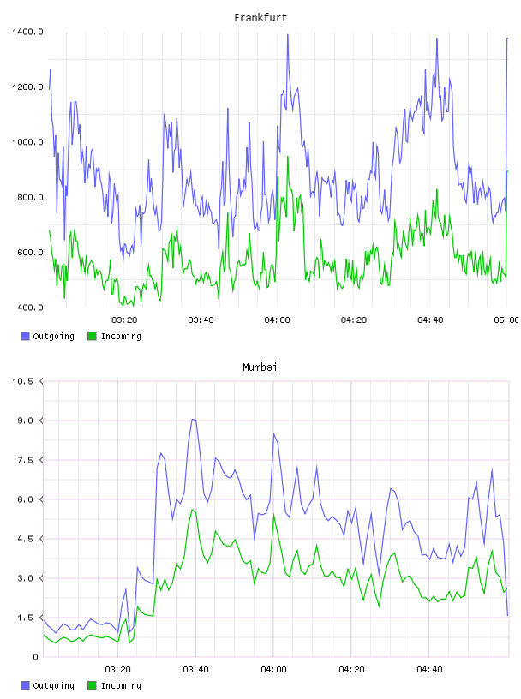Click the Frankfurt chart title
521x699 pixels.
[x=260, y=18]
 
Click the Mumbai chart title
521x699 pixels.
[x=260, y=367]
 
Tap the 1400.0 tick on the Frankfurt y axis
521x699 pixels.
[x=27, y=32]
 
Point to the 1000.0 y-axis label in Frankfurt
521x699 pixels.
[x=27, y=142]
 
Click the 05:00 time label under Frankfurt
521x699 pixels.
[x=506, y=320]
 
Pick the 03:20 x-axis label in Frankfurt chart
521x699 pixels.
[x=124, y=320]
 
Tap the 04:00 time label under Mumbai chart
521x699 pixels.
[x=273, y=670]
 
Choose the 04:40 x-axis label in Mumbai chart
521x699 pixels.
[x=429, y=670]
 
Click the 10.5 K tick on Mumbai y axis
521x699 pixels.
[x=27, y=381]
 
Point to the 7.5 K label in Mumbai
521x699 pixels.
[x=30, y=460]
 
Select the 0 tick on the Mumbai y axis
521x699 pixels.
[x=36, y=657]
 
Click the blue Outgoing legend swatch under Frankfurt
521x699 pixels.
[x=25, y=336]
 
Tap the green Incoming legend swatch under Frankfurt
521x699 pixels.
[x=92, y=336]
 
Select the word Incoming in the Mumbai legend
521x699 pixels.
[x=121, y=685]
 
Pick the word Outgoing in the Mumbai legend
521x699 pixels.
[x=53, y=685]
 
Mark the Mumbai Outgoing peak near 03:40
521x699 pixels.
[x=194, y=420]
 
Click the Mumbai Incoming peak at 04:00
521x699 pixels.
[x=274, y=514]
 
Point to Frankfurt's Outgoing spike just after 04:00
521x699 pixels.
[x=288, y=35]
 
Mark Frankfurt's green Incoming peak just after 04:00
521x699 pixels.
[x=288, y=157]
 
